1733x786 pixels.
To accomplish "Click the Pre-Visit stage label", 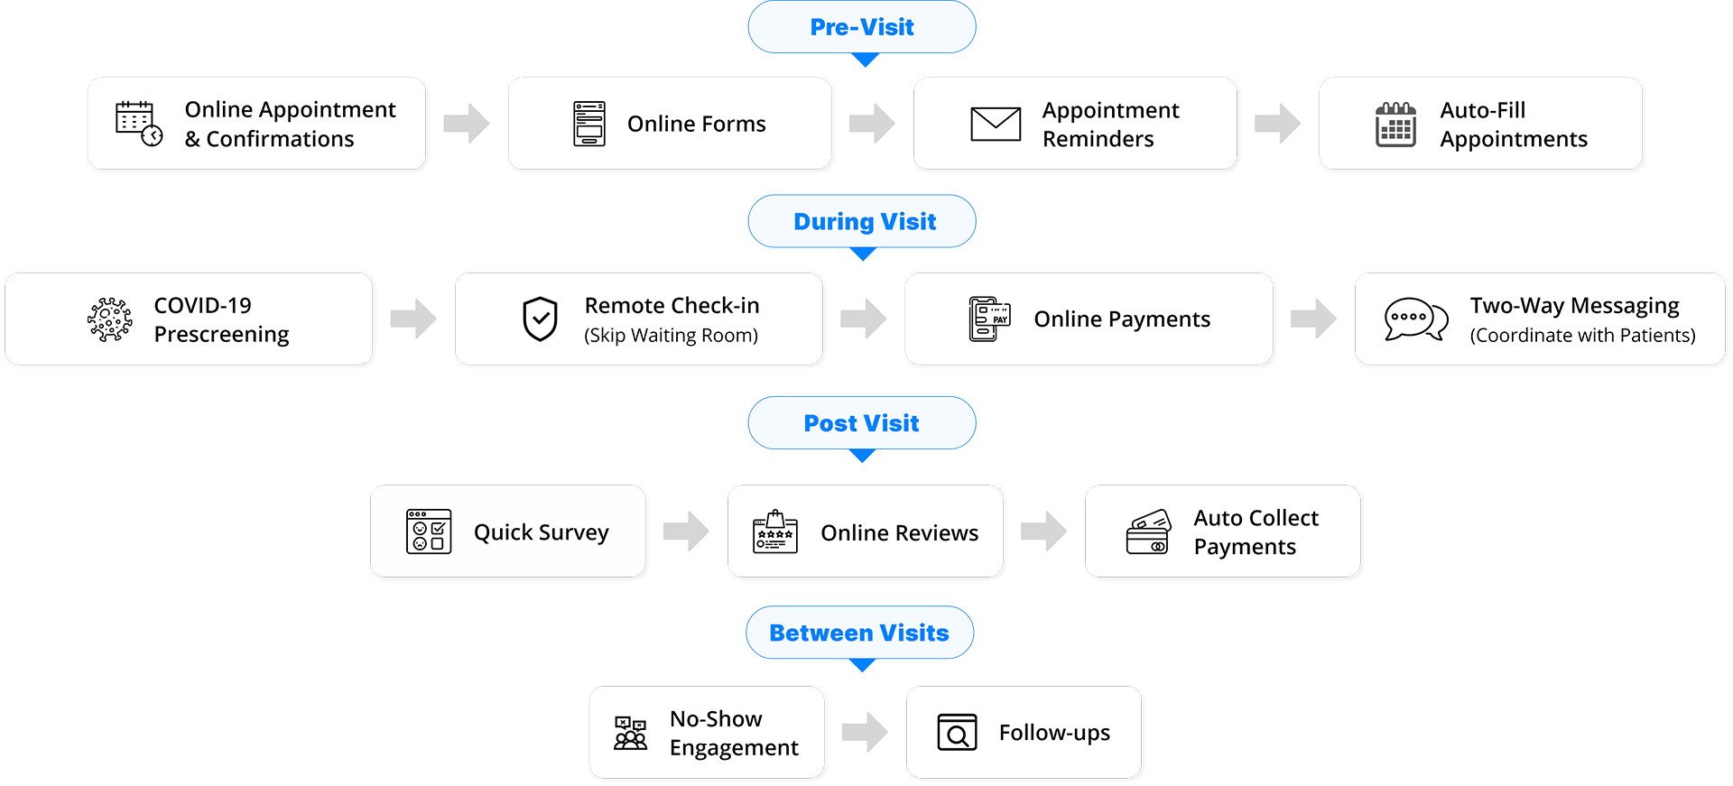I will pos(862,27).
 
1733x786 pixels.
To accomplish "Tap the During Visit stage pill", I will pos(864,222).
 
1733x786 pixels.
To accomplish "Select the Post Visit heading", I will pos(861,423).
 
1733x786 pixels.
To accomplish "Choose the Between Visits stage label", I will pos(858,633).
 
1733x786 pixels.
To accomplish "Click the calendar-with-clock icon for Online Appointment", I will pos(139,124).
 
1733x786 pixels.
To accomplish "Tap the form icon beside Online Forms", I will pos(589,124).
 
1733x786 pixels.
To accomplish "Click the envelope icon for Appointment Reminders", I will pos(996,124).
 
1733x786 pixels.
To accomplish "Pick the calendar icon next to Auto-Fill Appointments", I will pos(1395,125).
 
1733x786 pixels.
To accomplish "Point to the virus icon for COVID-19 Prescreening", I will pos(110,319).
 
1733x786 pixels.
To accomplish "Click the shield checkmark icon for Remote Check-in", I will pos(541,319).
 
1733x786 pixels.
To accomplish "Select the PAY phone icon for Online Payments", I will pos(989,319).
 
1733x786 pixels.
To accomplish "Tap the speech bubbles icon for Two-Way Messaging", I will pos(1415,319).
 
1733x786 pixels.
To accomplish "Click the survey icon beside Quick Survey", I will pos(429,532).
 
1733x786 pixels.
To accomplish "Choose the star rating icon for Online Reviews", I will pos(775,532).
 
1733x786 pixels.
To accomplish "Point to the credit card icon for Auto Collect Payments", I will pos(1149,532).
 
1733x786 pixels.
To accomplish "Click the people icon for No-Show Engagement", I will pos(630,733).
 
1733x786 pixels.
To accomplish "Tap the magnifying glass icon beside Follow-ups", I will pos(957,733).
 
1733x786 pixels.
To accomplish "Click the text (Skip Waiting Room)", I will pos(671,336).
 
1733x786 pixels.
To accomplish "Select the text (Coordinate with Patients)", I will pos(1582,336).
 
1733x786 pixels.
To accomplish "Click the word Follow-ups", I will pos(1054,733).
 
